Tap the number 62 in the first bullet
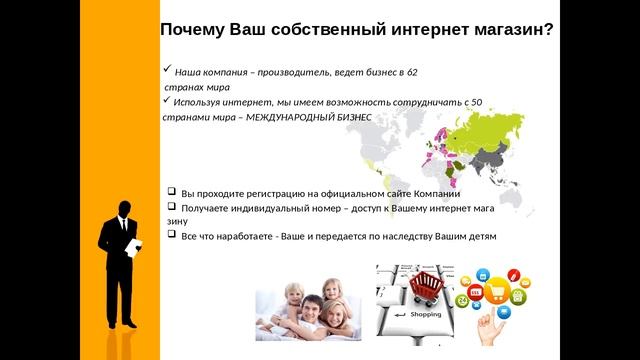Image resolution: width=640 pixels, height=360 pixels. (x=412, y=72)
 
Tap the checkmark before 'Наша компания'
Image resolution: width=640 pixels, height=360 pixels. (x=166, y=71)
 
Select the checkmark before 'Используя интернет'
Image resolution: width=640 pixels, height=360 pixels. (x=166, y=101)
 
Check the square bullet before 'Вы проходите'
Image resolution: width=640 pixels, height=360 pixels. (x=172, y=191)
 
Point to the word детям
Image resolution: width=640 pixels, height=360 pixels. (x=479, y=236)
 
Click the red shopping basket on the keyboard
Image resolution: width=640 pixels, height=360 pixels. (x=428, y=289)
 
